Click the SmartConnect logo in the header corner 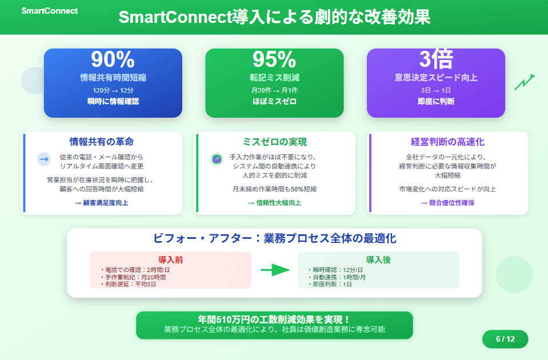click(x=50, y=11)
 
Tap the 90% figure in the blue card click(x=113, y=59)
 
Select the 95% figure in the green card click(x=274, y=59)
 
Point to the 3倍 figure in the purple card click(x=436, y=59)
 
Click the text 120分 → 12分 click(x=113, y=90)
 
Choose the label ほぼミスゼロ click(x=274, y=101)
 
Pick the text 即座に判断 click(x=436, y=101)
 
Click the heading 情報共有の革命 click(x=102, y=142)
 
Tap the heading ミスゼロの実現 click(x=275, y=142)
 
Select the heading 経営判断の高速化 click(x=447, y=142)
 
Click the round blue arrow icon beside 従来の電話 click(x=44, y=159)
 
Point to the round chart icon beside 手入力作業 click(x=217, y=159)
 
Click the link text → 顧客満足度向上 click(x=102, y=203)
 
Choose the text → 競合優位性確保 click(x=447, y=203)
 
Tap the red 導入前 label click(x=170, y=259)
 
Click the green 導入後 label click(x=378, y=259)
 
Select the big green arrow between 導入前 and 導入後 click(x=275, y=270)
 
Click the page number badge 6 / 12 click(x=505, y=339)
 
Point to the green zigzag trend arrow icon click(x=524, y=82)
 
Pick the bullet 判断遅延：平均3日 click(x=128, y=284)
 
